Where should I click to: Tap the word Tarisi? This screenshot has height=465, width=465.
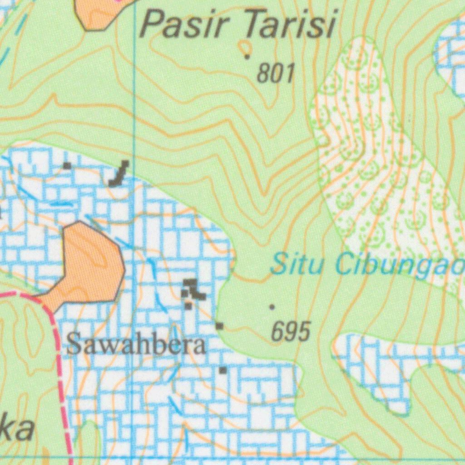pos(290,25)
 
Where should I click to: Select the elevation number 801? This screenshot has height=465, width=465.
pos(276,73)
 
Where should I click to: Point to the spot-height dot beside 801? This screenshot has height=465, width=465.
pos(247,57)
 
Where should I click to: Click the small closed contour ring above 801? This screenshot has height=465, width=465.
pos(246,46)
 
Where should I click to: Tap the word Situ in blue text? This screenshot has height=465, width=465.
pos(292,265)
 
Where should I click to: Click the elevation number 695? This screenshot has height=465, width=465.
pos(291,331)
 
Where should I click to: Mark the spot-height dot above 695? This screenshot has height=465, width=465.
pos(272,307)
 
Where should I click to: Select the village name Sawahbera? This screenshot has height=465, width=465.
pos(136,345)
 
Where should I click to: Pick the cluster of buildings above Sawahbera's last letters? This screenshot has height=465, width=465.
pos(192,290)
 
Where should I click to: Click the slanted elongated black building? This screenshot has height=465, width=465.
pos(119,174)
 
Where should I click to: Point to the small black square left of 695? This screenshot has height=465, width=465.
pos(220,326)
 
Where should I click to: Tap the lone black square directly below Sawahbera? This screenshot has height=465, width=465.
pos(223,371)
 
